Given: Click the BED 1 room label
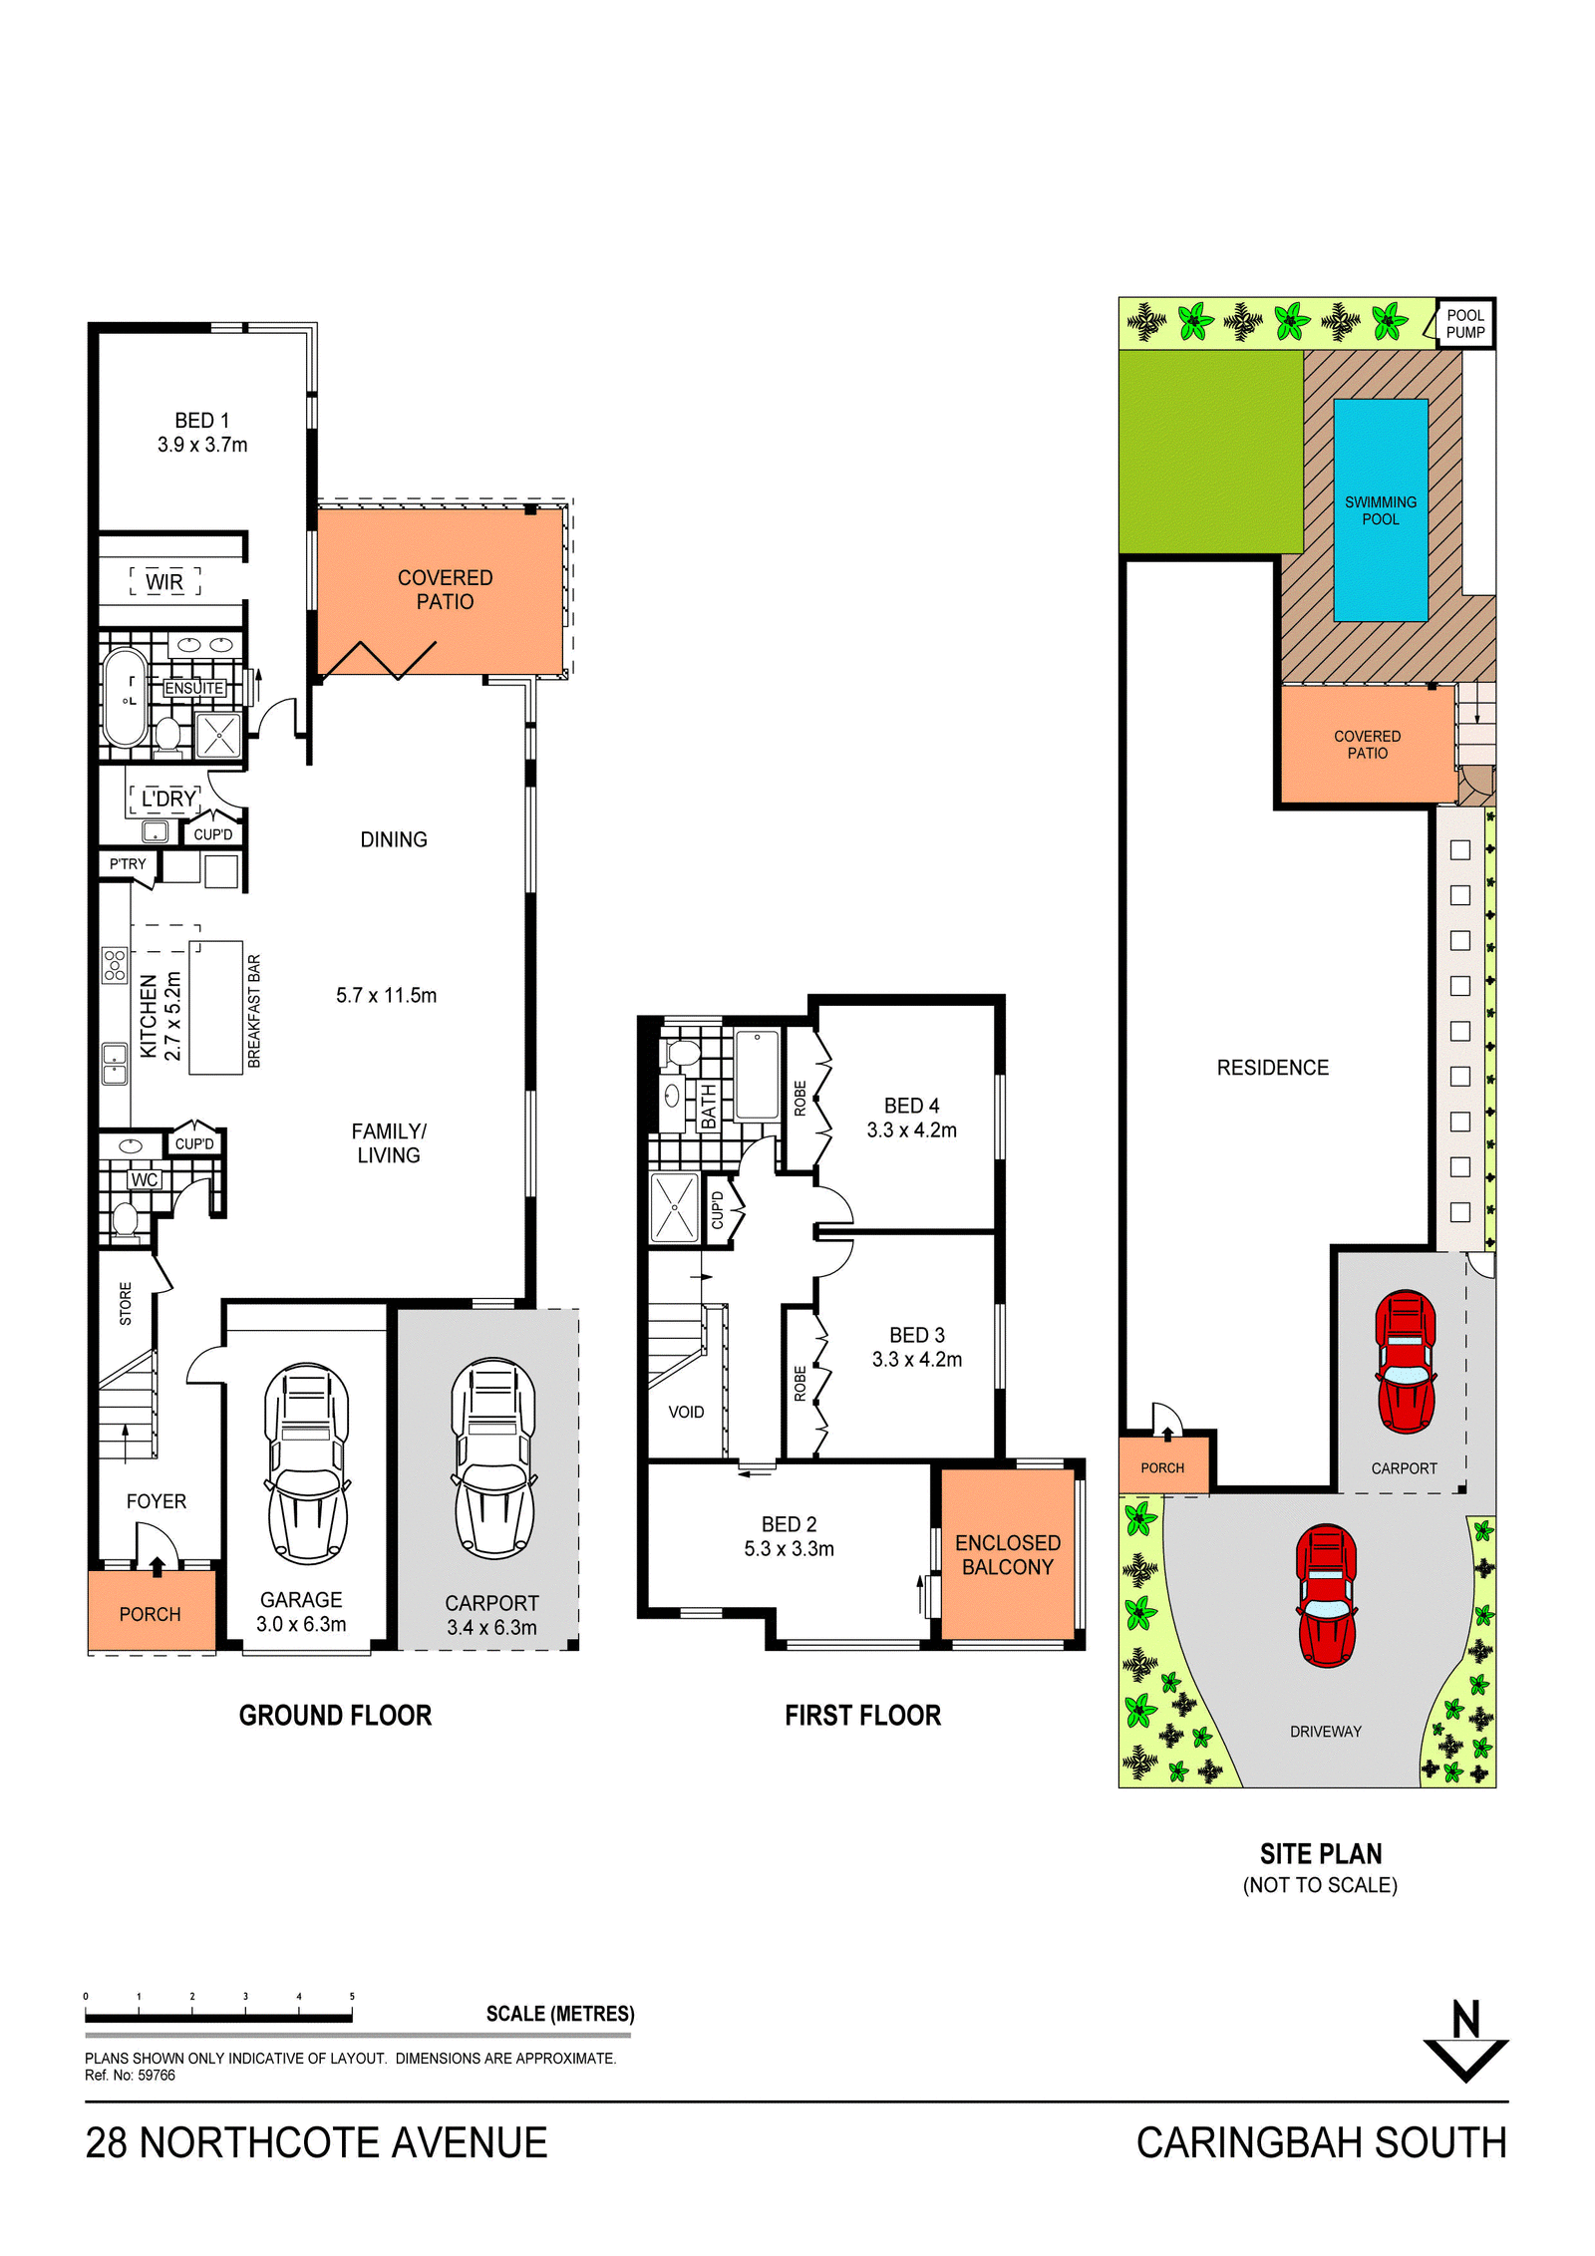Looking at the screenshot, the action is coord(202,421).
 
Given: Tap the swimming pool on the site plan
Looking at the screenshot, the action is coord(1381,510).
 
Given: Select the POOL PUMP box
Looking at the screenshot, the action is coord(1465,324).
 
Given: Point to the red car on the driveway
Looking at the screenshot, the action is coord(1326,1595).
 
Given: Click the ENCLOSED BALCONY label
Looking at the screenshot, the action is coord(1008,1555).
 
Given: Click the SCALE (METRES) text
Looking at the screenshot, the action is coord(560,2014).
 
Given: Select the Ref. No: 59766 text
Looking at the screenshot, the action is coord(130,2076).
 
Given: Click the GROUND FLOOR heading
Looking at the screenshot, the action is coord(335,1716).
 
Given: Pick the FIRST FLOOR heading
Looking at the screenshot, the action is coord(863,1716).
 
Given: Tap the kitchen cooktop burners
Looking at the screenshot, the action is coord(115,965).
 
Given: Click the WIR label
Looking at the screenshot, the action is coord(164,582).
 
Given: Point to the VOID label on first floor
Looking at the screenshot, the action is coord(686,1412).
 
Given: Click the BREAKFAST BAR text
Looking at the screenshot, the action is coord(254,1011).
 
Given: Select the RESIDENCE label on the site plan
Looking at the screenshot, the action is coord(1273,1068).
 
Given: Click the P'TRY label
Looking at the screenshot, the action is coord(128,864).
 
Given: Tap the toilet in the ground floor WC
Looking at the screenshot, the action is coord(125,1218).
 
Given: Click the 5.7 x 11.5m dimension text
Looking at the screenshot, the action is coord(386,995).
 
